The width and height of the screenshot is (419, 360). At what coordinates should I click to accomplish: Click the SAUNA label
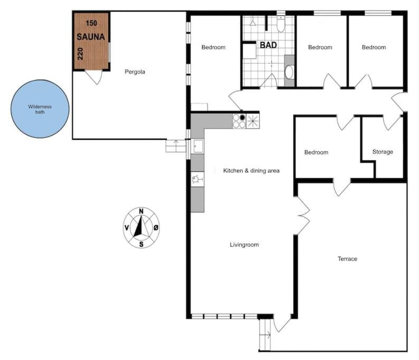[x=91, y=37]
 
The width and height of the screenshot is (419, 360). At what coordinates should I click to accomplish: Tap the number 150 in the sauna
[x=91, y=23]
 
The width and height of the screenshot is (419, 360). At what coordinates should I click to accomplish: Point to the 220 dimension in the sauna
[x=80, y=54]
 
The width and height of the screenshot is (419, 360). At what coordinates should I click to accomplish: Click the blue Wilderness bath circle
[x=40, y=109]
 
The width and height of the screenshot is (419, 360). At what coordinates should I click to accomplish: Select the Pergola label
[x=135, y=72]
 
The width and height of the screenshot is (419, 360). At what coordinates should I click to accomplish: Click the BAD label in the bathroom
[x=268, y=45]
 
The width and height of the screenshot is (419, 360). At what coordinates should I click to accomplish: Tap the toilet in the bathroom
[x=281, y=24]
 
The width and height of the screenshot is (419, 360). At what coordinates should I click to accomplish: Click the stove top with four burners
[x=239, y=121]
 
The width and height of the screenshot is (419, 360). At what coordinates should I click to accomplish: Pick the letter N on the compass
[x=141, y=211]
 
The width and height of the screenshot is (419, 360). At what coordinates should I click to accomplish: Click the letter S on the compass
[x=141, y=244]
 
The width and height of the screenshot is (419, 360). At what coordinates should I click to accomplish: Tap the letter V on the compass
[x=127, y=228]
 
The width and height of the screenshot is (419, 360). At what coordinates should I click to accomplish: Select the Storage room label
[x=383, y=152]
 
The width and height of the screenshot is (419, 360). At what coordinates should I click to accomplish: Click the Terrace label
[x=347, y=259]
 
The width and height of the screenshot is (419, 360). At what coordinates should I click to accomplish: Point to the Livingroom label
[x=244, y=245]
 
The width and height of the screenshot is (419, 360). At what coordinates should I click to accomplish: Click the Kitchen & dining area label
[x=251, y=171]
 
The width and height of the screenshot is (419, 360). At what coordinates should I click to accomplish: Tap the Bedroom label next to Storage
[x=316, y=152]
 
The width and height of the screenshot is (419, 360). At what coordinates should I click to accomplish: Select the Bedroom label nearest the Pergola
[x=213, y=47]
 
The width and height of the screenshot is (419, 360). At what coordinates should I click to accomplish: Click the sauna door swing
[x=94, y=77]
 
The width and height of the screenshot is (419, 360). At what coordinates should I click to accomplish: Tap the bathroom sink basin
[x=289, y=72]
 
